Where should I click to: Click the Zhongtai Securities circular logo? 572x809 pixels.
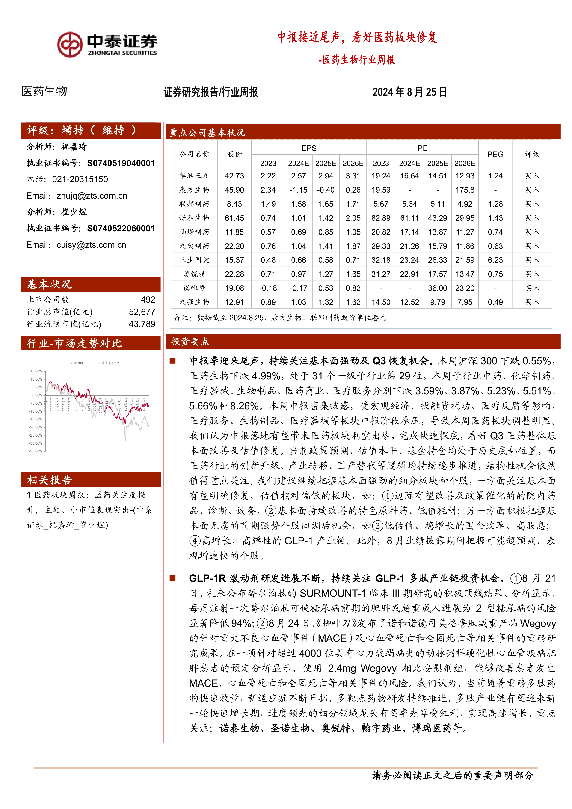[x=70, y=45]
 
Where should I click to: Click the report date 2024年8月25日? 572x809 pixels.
[x=410, y=92]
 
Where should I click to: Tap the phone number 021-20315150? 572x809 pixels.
[x=80, y=179]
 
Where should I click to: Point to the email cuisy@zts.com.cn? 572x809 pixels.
[x=91, y=245]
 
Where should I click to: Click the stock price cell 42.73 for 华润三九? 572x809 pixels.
[x=234, y=176]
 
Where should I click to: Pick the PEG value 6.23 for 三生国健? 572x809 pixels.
[x=495, y=260]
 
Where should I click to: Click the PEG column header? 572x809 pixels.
[x=495, y=154]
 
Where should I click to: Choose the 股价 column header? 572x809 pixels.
[x=234, y=154]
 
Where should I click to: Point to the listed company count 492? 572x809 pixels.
[x=148, y=300]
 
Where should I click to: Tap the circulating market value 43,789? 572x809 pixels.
[x=142, y=324]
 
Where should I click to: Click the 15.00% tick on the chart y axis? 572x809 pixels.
[x=36, y=371]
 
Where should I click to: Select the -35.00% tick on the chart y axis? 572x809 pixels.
[x=36, y=451]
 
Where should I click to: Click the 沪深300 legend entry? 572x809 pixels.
[x=72, y=363]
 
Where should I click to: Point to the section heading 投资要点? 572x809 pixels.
[x=190, y=342]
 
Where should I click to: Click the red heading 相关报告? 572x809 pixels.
[x=49, y=480]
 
